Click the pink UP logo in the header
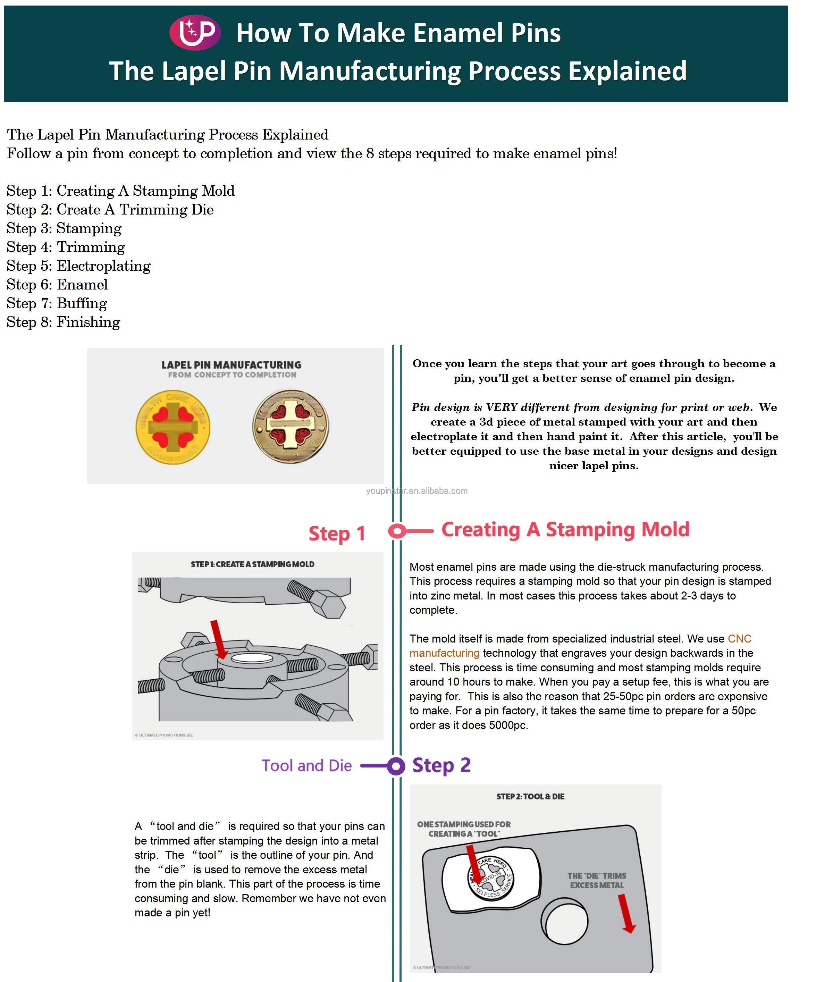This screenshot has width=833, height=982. coord(195,32)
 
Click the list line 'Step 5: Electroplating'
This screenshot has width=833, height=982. coord(78,266)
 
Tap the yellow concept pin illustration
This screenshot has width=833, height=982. coord(173,427)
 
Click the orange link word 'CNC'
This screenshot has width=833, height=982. coord(739,639)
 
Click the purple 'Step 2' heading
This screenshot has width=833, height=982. coord(441,765)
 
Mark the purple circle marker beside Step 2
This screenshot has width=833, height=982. coord(396,766)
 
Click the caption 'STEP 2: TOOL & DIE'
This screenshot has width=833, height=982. coord(530,796)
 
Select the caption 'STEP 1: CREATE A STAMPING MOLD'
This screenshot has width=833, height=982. coord(252,564)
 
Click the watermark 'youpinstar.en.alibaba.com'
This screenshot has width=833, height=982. coord(416,491)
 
